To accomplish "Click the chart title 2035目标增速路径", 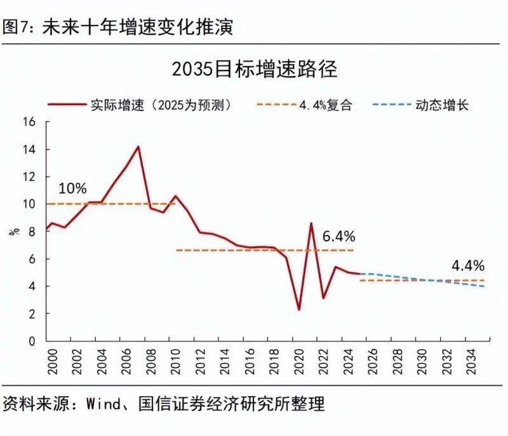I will [254, 69].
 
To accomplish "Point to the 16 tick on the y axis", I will [29, 122].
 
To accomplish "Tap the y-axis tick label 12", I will [29, 176].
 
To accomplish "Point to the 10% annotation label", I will [72, 189].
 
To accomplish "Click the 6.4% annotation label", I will [338, 236].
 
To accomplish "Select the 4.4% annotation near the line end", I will [468, 265].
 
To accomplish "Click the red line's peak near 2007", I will [138, 147].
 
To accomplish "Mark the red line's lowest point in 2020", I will [299, 310].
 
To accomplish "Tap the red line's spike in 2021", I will [311, 223].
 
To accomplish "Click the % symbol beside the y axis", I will [15, 231].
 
